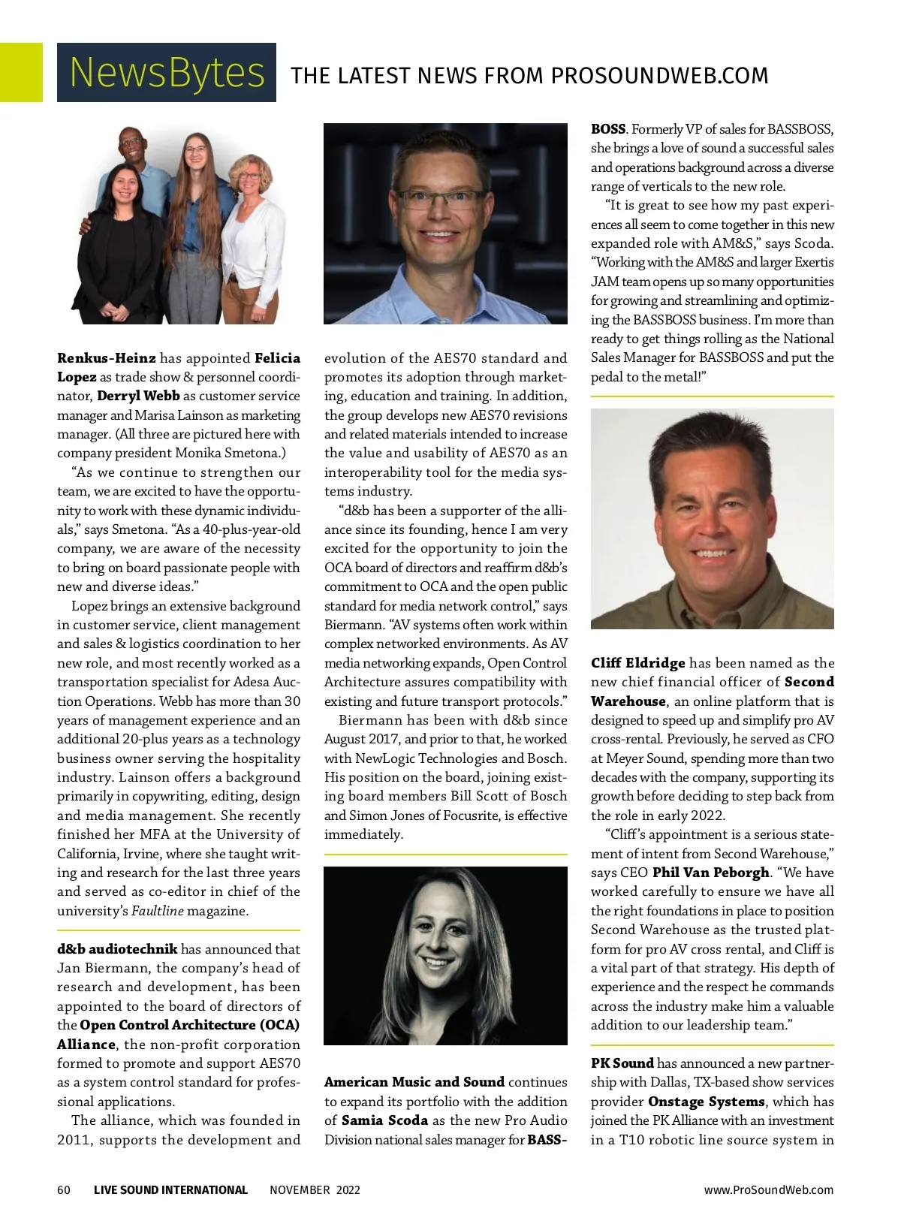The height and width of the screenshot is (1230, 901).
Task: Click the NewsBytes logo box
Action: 166,72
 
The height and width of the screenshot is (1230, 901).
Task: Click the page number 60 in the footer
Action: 64,1189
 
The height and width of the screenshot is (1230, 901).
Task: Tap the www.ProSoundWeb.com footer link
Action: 768,1189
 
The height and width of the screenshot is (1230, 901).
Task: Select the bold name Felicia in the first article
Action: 278,358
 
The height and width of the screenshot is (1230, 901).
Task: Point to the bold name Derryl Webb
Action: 139,396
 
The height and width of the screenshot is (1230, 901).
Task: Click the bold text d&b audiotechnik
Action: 117,949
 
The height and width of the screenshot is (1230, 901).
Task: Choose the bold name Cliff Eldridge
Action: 637,663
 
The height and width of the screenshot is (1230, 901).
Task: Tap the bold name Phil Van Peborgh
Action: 711,873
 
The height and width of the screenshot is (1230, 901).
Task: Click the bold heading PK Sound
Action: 622,1063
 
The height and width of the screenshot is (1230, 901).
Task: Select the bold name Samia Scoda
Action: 384,1120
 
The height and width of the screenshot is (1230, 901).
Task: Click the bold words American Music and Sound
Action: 414,1082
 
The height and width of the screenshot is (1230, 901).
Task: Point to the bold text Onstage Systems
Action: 707,1102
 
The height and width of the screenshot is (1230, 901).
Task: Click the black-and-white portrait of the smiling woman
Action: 445,955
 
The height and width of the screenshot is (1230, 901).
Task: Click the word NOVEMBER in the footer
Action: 300,1189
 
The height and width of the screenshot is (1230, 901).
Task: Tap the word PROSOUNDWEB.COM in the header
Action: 659,76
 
